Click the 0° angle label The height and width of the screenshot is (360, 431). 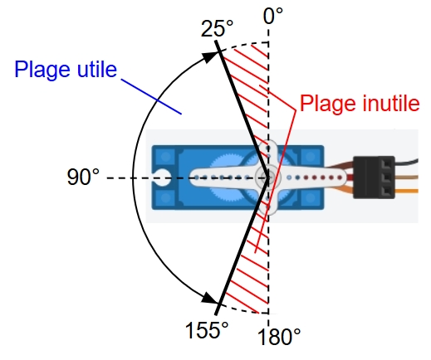(273, 16)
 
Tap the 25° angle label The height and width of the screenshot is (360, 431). (218, 28)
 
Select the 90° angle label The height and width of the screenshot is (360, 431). (83, 177)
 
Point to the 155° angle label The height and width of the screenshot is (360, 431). (207, 330)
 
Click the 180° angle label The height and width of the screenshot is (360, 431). (279, 337)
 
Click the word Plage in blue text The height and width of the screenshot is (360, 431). (42, 70)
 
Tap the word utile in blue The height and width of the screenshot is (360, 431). (97, 69)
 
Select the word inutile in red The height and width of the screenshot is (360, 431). (390, 103)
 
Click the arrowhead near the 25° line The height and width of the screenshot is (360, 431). (210, 56)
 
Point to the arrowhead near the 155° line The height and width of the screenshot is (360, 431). (209, 298)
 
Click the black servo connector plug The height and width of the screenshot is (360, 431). (374, 178)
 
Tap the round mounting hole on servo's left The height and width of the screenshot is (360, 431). (163, 178)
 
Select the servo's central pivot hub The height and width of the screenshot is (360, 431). (268, 178)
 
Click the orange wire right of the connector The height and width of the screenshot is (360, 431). (406, 191)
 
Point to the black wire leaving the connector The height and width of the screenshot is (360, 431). (406, 162)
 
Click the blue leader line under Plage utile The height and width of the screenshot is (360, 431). (151, 96)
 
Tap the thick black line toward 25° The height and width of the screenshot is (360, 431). (242, 109)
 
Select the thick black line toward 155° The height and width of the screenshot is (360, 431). (242, 246)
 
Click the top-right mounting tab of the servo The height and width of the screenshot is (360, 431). (312, 156)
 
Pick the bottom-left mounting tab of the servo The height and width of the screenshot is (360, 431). (165, 198)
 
